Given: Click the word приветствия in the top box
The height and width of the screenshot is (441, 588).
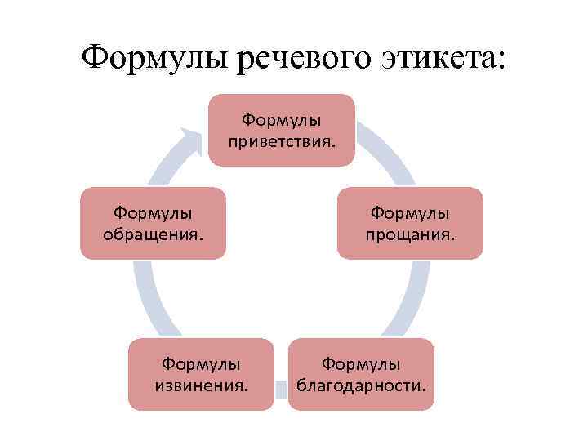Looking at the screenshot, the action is click(x=280, y=142).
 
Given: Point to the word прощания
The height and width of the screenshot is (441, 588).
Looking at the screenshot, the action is click(x=410, y=235).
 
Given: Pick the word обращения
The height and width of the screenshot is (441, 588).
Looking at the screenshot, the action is click(x=152, y=235).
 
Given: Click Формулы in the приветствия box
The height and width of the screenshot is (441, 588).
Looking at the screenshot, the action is click(x=282, y=121).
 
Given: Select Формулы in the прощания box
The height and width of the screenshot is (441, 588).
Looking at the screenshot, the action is click(x=410, y=214).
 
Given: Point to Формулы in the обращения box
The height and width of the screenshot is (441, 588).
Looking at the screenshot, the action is click(x=153, y=214).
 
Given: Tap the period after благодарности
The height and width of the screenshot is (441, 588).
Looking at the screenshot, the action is click(x=424, y=389).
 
